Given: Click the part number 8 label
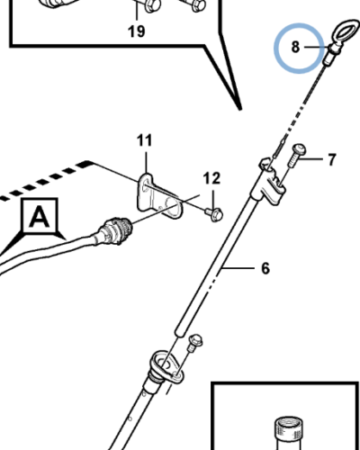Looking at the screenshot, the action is [x=295, y=47].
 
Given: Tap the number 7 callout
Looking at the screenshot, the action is [x=331, y=159].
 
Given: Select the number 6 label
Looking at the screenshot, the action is [x=265, y=268].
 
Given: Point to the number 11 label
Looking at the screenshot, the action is [x=144, y=140].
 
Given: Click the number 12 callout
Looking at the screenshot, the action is [x=211, y=178].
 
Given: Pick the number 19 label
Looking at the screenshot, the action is [x=137, y=31].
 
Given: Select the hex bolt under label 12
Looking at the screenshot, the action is [x=214, y=214].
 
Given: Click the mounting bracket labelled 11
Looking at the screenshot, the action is [x=157, y=195].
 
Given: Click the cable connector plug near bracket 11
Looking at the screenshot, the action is [x=116, y=229].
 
